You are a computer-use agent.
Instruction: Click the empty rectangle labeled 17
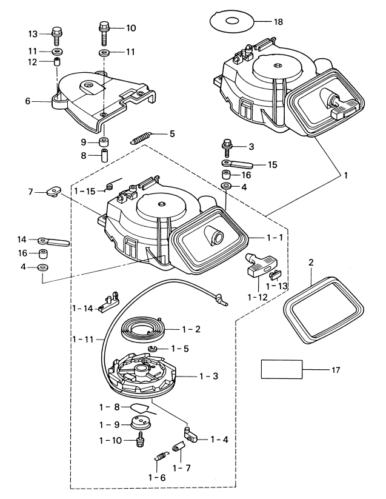(281, 369)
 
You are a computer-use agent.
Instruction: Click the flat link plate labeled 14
(54, 241)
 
